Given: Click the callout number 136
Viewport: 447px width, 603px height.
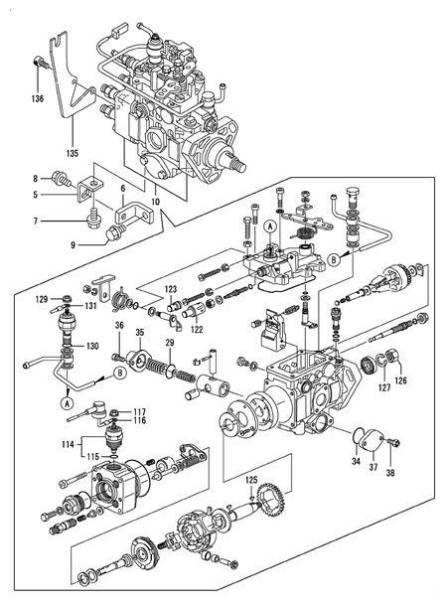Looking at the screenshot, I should (x=37, y=98).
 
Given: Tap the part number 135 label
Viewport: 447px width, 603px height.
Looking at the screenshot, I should (x=72, y=153).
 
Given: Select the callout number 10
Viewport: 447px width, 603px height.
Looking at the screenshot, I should (x=155, y=203).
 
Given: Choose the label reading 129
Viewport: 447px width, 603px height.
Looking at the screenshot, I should (x=42, y=297).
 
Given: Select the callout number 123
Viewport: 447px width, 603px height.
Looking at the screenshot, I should (x=171, y=289).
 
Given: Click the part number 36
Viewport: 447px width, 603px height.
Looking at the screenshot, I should (x=118, y=325).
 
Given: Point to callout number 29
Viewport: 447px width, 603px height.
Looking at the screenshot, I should (x=169, y=343).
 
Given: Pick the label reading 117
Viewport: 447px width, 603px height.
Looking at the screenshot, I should (x=140, y=411).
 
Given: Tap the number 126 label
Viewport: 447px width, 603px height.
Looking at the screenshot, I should (x=400, y=378).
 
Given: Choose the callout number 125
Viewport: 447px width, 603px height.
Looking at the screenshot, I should (x=250, y=481).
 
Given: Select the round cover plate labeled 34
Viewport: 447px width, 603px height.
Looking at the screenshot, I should (x=367, y=436).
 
